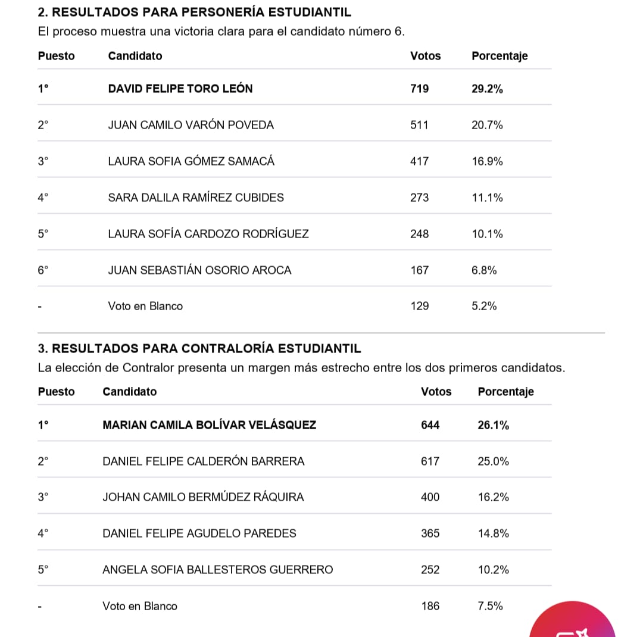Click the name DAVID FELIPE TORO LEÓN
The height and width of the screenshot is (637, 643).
click(180, 89)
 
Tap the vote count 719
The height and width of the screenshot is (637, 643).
click(419, 89)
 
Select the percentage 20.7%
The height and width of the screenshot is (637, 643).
click(487, 125)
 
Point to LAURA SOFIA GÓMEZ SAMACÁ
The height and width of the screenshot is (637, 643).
click(191, 161)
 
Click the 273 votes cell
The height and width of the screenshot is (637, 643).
click(419, 198)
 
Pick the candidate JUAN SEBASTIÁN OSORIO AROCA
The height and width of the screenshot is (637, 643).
click(199, 270)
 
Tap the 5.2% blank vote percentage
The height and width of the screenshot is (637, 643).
click(484, 306)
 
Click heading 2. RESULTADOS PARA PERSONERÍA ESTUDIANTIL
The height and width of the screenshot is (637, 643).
click(194, 12)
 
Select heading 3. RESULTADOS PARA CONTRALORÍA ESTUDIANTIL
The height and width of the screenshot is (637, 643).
click(199, 348)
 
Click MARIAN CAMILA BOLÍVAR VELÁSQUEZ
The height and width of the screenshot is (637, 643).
click(209, 425)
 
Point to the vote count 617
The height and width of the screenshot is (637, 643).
click(430, 461)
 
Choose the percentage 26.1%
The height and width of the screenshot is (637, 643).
click(493, 425)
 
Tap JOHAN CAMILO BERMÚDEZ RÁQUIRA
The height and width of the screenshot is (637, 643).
click(203, 497)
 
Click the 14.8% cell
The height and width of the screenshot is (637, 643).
click(493, 533)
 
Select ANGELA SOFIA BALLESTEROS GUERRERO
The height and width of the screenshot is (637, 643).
click(217, 570)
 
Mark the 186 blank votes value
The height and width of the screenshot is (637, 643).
click(430, 606)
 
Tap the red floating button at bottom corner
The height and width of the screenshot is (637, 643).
click(572, 622)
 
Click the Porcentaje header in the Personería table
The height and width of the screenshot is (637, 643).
click(500, 56)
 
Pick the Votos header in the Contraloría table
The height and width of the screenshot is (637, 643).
click(436, 392)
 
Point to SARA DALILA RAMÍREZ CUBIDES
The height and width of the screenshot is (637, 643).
click(196, 198)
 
